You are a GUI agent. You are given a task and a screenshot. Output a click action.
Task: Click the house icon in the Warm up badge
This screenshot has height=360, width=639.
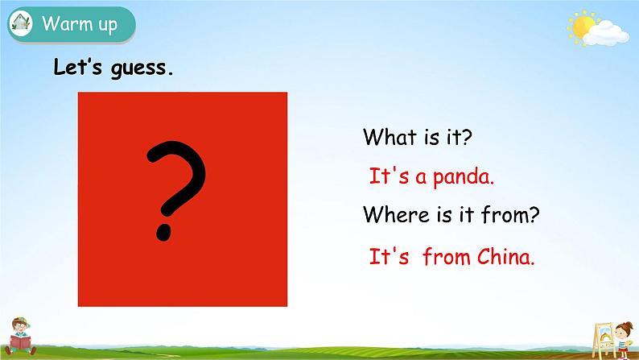(20, 23)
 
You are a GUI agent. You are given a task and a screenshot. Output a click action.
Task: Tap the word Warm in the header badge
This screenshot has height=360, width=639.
(65, 23)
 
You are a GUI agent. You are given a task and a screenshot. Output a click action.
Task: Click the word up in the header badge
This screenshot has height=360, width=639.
(108, 25)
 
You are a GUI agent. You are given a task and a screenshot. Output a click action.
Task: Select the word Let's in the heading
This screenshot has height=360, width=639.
(77, 67)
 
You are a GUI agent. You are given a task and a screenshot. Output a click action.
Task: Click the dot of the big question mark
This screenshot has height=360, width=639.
(164, 232)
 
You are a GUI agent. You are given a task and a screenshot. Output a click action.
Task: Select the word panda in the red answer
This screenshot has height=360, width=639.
(464, 178)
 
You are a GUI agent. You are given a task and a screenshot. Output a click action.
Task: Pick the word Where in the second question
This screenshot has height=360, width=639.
(396, 214)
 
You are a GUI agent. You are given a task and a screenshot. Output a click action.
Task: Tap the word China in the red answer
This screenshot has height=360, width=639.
(505, 256)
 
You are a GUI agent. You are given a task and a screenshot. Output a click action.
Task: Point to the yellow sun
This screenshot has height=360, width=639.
(583, 27)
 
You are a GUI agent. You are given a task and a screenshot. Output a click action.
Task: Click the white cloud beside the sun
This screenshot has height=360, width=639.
(606, 34)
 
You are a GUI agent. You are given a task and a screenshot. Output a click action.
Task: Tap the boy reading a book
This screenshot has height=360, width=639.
(20, 336)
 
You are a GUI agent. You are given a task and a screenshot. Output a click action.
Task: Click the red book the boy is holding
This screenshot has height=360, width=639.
(20, 342)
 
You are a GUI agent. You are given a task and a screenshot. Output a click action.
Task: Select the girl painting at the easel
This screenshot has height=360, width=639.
(624, 339)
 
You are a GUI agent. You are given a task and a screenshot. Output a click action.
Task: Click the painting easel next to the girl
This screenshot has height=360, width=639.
(604, 340)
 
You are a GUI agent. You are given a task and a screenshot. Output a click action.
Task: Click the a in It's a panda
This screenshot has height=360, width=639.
(421, 178)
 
